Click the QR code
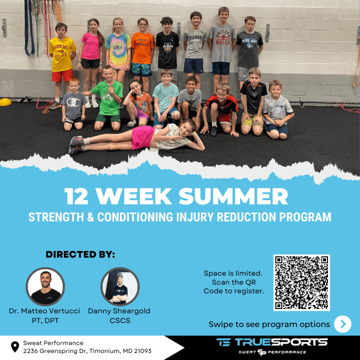tap(301, 283)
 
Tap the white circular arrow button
tap(342, 324)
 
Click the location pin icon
tap(15, 347)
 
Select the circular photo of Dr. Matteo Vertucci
tap(45, 287)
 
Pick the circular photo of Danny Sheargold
tap(120, 287)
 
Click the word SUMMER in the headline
tap(233, 196)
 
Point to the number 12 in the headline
tap(76, 197)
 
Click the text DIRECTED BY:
tap(81, 255)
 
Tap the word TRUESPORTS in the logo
tap(281, 342)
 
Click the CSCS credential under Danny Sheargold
tap(120, 321)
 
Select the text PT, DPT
tap(45, 321)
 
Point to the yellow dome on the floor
tap(5, 102)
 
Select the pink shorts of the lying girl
tap(142, 137)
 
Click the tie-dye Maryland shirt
tap(118, 51)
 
